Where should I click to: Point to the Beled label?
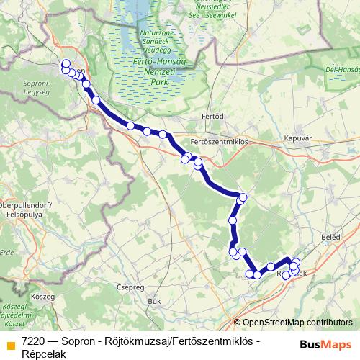pyautogui.click(x=330, y=236)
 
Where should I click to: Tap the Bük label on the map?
pyautogui.click(x=153, y=301)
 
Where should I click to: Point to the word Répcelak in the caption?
pyautogui.click(x=43, y=353)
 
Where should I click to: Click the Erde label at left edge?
pyautogui.click(x=6, y=253)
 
